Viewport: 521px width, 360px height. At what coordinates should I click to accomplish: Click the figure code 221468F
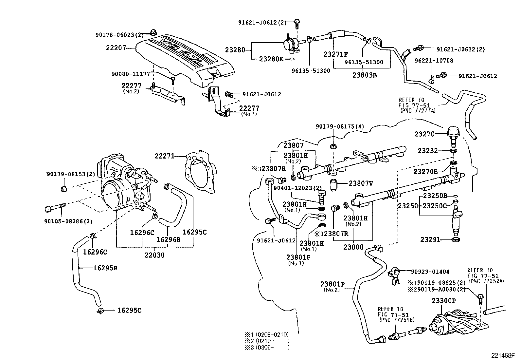502,355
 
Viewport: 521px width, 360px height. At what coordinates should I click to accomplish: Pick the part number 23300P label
444,301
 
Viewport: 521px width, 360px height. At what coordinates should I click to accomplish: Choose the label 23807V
361,183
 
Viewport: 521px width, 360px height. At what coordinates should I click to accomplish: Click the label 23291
430,240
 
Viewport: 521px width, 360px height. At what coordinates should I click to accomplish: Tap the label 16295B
105,268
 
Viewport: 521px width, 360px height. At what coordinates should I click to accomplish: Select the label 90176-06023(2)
119,35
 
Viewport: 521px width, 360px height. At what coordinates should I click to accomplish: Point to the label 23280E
271,59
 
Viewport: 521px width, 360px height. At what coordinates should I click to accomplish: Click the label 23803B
365,75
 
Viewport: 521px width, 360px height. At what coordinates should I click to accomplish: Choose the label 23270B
425,171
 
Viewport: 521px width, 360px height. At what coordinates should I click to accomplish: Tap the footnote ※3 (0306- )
267,348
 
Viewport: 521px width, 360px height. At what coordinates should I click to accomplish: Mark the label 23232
427,150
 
